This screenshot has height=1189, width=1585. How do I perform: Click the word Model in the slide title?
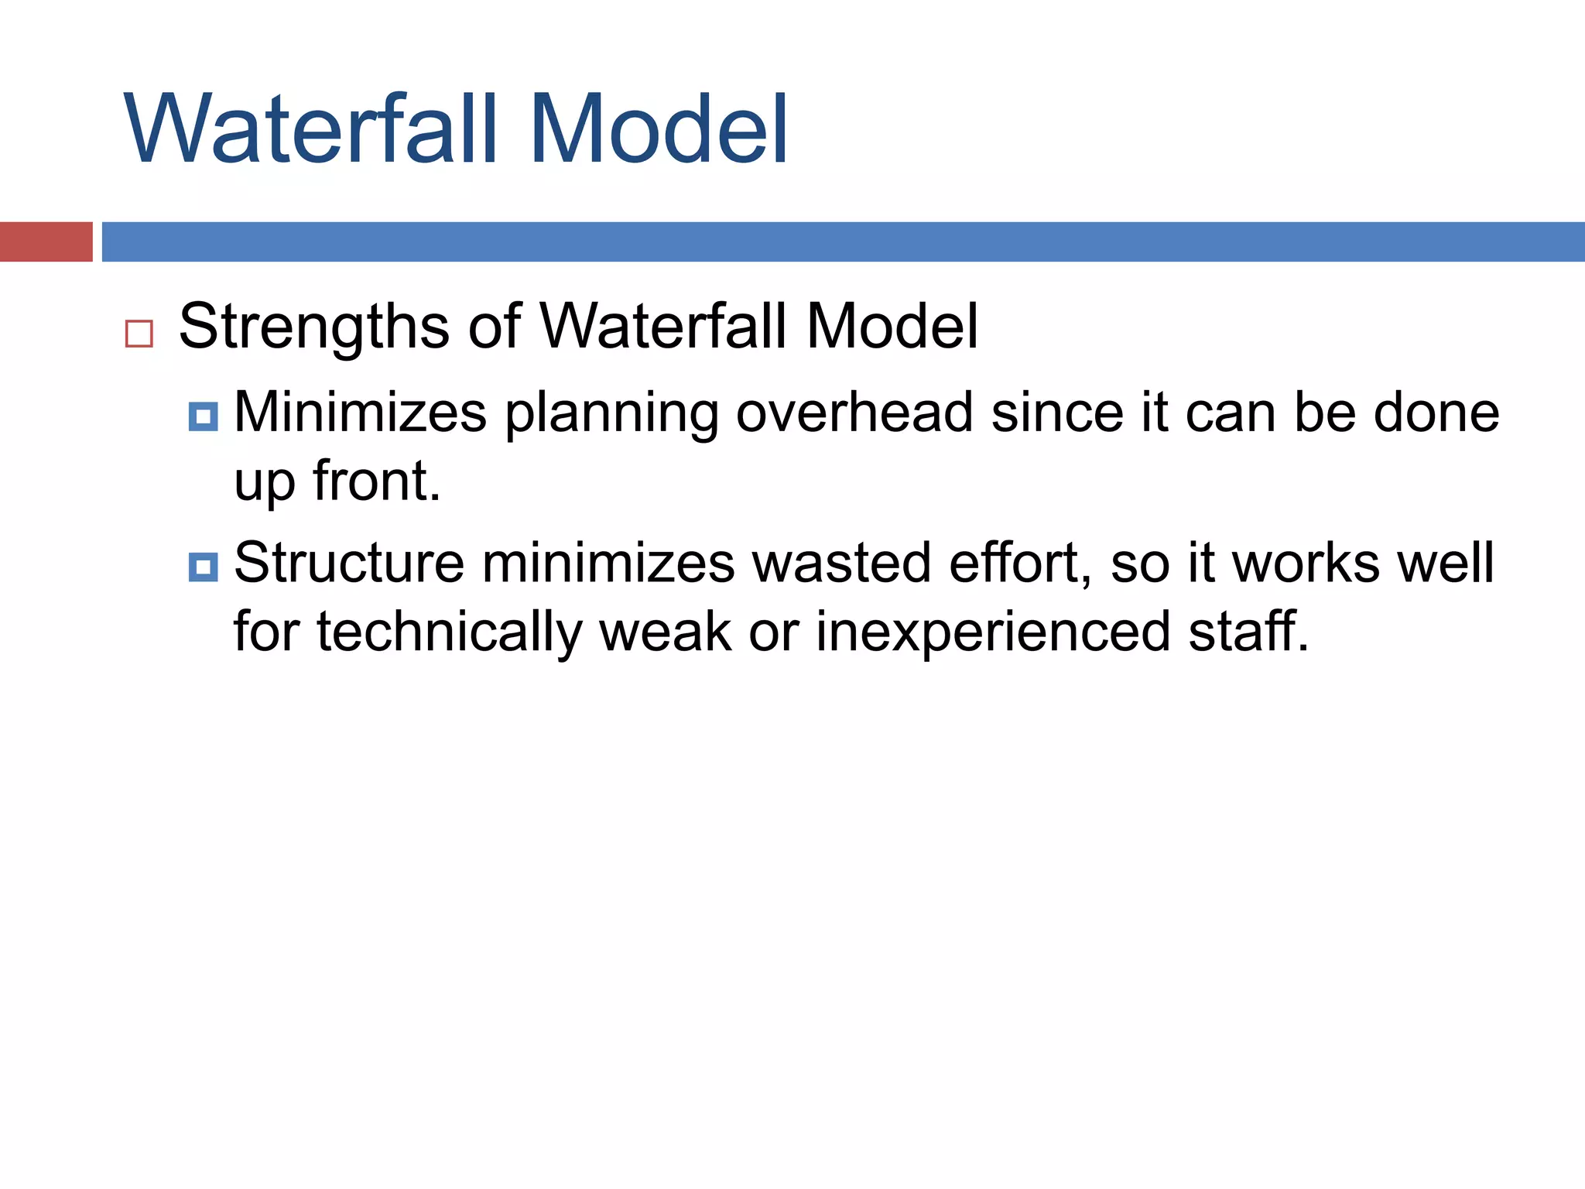point(658,128)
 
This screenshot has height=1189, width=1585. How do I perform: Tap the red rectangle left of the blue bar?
point(46,242)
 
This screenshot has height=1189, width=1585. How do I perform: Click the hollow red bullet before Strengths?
point(139,334)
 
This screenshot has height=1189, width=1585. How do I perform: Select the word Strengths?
point(313,327)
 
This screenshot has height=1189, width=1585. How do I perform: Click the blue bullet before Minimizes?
point(203,416)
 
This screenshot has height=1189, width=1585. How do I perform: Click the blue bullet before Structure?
point(203,567)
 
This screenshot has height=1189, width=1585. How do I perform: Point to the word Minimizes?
point(360,412)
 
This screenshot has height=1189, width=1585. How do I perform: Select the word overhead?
point(854,412)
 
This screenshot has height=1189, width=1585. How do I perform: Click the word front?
point(376,481)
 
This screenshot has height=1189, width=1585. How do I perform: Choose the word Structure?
point(349,563)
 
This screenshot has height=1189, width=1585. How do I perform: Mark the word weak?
point(665,632)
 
